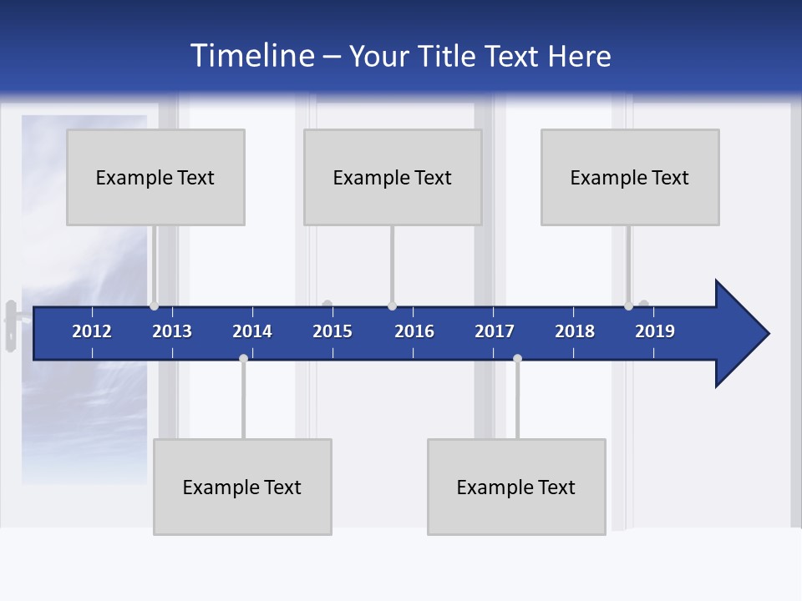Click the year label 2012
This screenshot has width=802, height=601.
tap(92, 331)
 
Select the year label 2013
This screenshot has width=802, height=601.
tap(172, 331)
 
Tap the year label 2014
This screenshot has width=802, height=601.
tap(252, 331)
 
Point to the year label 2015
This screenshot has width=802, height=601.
tap(332, 331)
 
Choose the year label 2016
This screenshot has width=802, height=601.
tap(414, 331)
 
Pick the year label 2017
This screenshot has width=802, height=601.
tap(495, 331)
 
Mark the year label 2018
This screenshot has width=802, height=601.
tap(575, 331)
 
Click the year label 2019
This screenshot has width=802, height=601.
tap(655, 331)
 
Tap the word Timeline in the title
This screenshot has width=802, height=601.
tap(252, 56)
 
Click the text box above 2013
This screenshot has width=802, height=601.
tap(155, 177)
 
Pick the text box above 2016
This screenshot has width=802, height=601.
tap(393, 177)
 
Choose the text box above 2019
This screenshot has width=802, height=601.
tap(630, 177)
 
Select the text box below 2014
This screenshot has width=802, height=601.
tap(242, 487)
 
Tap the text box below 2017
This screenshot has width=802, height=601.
tap(516, 487)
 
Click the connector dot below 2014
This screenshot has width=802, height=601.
tap(243, 358)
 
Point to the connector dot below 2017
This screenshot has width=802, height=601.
tap(517, 358)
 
